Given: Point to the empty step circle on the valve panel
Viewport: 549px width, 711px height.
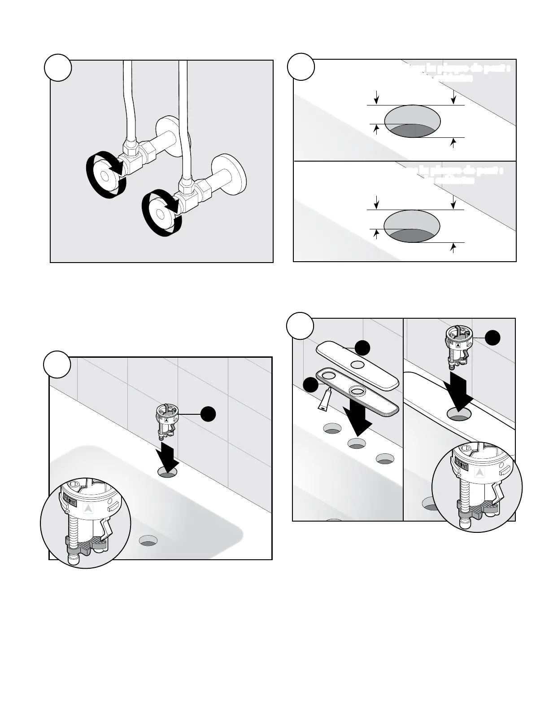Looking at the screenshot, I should pyautogui.click(x=58, y=68).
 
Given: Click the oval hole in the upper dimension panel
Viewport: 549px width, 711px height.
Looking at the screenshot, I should pyautogui.click(x=412, y=122).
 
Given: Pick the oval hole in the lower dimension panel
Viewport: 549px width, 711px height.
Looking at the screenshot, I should pyautogui.click(x=412, y=227).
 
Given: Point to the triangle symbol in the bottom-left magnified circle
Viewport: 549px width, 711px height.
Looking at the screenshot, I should pyautogui.click(x=88, y=508).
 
